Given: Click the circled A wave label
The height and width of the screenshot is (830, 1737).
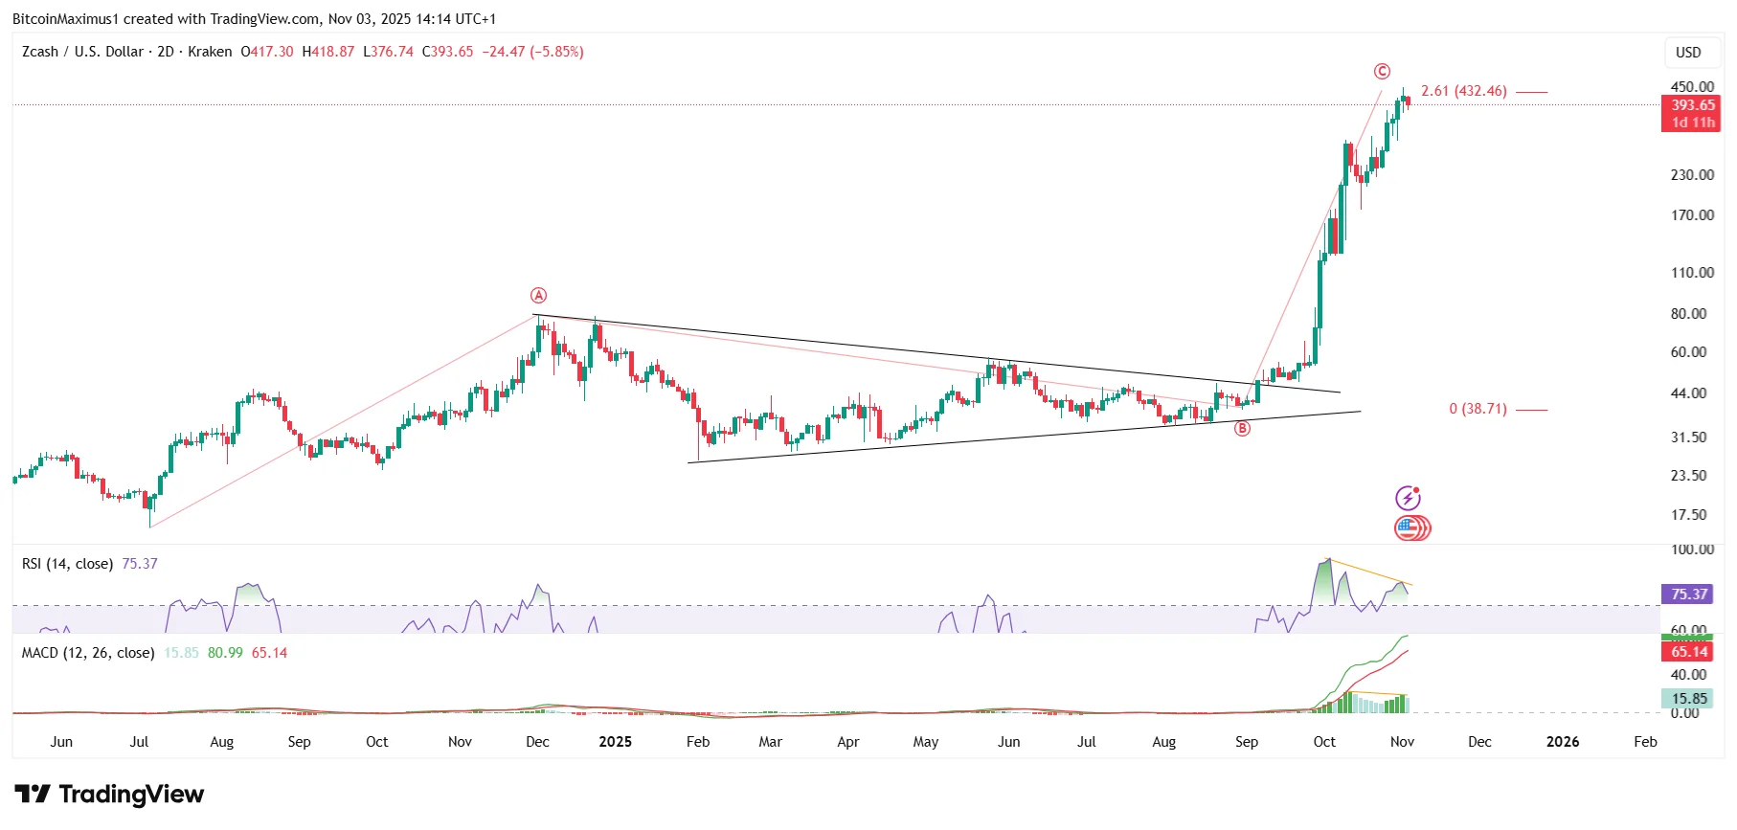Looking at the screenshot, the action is click(x=539, y=296).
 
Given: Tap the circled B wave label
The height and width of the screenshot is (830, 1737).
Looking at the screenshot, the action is click(x=1242, y=429).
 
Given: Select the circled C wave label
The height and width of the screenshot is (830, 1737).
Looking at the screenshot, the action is click(x=1382, y=72).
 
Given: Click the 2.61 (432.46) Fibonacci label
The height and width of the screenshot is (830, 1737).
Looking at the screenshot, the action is click(x=1463, y=91).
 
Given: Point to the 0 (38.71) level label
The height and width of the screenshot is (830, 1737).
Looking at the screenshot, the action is click(x=1478, y=409).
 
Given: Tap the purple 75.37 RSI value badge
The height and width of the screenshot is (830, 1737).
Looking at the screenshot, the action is click(x=1689, y=594).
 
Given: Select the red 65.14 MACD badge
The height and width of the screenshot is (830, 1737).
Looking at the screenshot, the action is click(x=1689, y=652).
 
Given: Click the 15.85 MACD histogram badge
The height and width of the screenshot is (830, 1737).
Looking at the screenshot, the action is click(x=1689, y=699).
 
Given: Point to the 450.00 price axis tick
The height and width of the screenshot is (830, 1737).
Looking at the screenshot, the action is click(x=1692, y=86).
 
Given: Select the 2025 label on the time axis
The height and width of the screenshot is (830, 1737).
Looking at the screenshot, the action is click(x=615, y=742).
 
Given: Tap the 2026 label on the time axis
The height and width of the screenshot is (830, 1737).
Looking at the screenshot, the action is click(x=1563, y=742).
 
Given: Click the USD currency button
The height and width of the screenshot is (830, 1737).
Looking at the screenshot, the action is click(x=1688, y=53).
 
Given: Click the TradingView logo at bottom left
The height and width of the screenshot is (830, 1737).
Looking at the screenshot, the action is click(x=109, y=795).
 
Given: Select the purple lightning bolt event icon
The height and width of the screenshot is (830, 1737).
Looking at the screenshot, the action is click(x=1408, y=498).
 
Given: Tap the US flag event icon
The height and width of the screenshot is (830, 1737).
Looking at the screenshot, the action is click(x=1407, y=528).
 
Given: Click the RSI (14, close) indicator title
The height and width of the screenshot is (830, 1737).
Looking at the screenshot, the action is click(x=67, y=564).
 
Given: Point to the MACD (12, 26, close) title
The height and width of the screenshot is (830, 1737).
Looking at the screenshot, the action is click(x=88, y=653).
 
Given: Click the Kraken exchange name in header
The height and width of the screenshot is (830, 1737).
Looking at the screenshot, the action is click(x=210, y=52).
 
